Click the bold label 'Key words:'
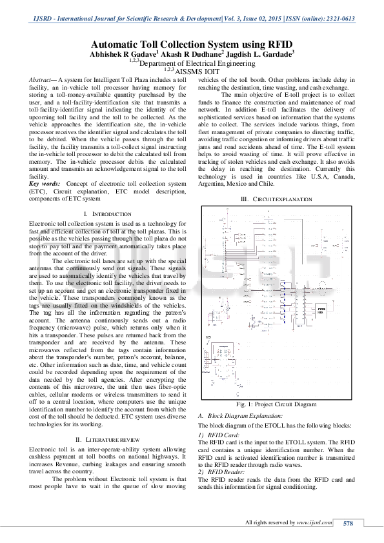(45, 184)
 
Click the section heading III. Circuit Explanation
(276, 200)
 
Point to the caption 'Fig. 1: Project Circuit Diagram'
(276, 404)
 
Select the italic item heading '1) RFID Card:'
(217, 436)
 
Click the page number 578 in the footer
(348, 522)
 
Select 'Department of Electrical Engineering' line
(197, 64)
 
